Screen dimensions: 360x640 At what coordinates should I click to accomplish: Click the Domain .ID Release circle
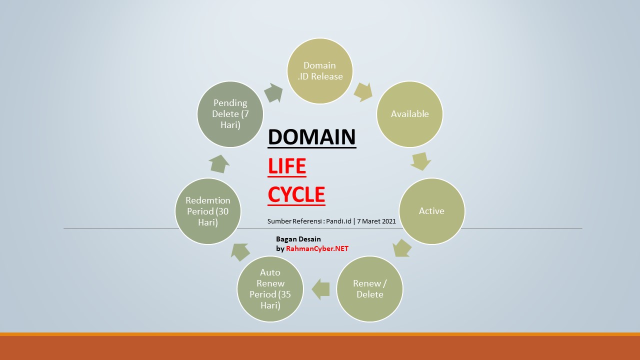320,71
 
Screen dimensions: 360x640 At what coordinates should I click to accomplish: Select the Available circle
410,114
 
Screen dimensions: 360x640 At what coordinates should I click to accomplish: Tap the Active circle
431,211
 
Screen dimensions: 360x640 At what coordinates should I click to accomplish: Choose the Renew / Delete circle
370,289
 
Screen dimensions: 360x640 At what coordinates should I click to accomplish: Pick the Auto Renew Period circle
270,289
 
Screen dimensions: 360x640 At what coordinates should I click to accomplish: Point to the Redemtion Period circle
208,211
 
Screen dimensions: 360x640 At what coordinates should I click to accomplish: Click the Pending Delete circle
230,114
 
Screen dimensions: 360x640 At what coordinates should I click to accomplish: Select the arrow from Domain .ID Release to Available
363,91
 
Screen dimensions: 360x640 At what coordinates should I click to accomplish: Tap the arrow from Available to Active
420,161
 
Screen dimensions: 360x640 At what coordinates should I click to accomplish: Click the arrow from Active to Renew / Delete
402,247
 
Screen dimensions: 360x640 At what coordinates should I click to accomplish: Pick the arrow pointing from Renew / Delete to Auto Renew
320,289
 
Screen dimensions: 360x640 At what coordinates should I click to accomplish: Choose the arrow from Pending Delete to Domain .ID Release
272,92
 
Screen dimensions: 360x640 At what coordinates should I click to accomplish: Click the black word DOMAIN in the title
312,136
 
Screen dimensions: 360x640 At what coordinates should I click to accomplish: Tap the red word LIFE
287,166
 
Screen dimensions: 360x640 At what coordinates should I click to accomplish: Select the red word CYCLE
296,194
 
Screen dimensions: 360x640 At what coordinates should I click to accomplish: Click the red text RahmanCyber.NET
317,248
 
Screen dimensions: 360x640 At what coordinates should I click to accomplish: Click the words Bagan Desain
298,239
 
